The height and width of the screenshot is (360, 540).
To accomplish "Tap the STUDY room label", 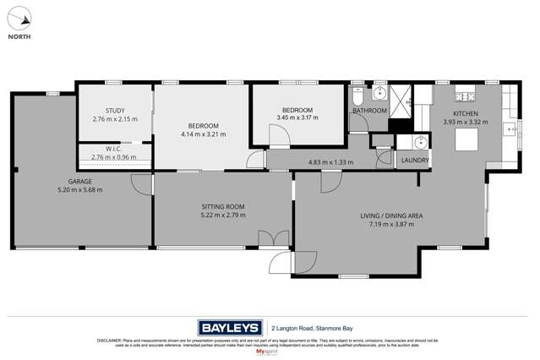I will coord(115,111).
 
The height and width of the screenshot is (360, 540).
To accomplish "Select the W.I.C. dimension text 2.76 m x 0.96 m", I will coord(115,157).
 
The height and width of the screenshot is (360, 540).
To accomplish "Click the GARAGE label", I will coord(80,182).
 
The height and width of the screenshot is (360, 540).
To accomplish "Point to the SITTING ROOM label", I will coord(223,206).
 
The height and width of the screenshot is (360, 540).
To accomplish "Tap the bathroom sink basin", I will coord(379,93).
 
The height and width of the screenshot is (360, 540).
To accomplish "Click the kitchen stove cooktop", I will coord(465,93).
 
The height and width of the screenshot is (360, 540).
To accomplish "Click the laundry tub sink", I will coord(420,142).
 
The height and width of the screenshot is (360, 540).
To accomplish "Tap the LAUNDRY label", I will coord(415,161).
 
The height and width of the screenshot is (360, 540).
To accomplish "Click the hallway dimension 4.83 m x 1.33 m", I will coord(330,162).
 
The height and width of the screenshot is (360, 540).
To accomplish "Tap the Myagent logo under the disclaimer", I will coord(270,352).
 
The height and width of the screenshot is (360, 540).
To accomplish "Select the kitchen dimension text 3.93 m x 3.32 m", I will coord(466,122).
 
